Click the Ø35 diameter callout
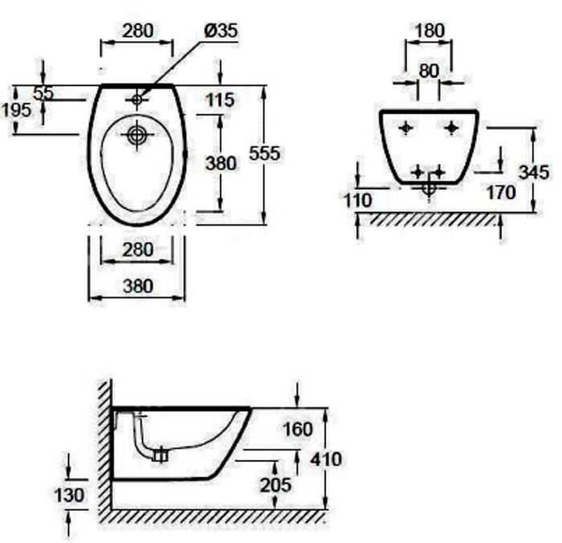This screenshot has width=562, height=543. click(221, 31)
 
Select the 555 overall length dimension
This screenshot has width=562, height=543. click(264, 153)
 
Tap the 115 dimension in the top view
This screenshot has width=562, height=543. click(220, 100)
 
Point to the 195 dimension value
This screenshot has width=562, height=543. click(16, 110)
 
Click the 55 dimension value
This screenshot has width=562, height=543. click(43, 94)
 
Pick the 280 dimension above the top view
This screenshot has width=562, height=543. click(137, 31)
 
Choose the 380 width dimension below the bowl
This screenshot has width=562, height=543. click(138, 286)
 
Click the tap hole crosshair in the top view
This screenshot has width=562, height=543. click(137, 100)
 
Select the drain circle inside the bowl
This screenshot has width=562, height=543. click(137, 135)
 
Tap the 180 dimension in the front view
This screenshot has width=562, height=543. click(430, 31)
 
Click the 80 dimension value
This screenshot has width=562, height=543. click(429, 71)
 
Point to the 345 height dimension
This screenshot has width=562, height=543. click(534, 173)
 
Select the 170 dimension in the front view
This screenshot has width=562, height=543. click(501, 193)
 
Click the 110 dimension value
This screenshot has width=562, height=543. click(358, 201)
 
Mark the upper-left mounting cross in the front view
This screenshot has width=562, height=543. click(405, 128)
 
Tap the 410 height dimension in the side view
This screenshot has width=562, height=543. click(326, 459)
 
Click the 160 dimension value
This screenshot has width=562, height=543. click(298, 429)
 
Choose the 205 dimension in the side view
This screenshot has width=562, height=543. click(275, 485)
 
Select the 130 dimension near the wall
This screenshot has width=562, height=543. click(68, 496)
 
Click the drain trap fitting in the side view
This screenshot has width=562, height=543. click(161, 455)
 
